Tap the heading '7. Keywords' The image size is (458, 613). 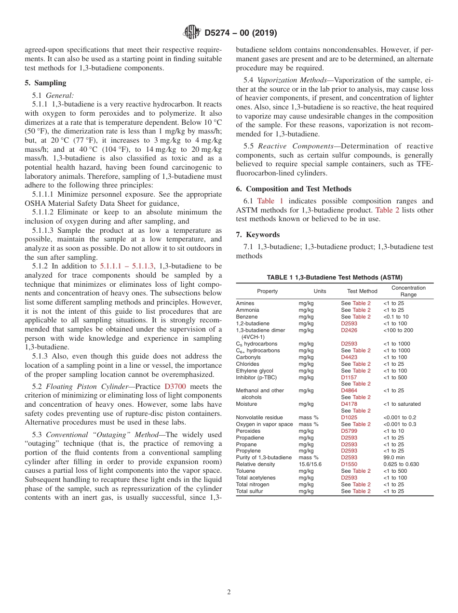[x=257, y=235]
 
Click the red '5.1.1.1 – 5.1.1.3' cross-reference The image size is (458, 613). [x=127, y=266]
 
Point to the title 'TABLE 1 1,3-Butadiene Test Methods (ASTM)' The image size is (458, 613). [x=335, y=277]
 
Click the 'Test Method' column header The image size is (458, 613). [x=362, y=291]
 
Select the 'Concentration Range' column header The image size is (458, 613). [x=408, y=291]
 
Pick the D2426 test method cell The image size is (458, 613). [x=349, y=330]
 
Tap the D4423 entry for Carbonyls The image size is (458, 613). [x=349, y=357]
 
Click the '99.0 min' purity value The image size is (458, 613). [x=394, y=457]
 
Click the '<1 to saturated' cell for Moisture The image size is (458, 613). [x=402, y=404]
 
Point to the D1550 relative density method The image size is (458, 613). [x=349, y=464]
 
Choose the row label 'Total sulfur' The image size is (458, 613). [x=249, y=491]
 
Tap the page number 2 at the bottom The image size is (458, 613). [x=229, y=592]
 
